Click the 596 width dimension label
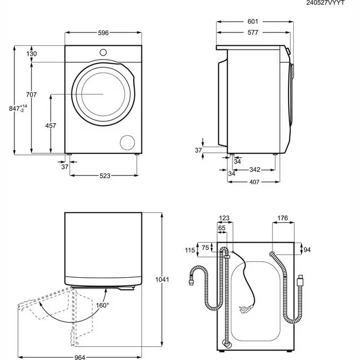[103, 33]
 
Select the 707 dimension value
[31, 94]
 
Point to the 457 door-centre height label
[50, 125]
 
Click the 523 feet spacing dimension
[105, 176]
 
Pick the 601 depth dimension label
[253, 22]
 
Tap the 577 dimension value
[253, 32]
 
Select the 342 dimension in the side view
[255, 169]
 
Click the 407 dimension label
[254, 182]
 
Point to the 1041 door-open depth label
[162, 279]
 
